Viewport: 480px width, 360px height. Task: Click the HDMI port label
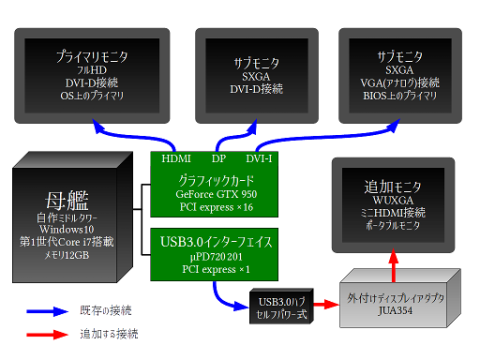pyautogui.click(x=176, y=158)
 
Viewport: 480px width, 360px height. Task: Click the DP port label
pyautogui.click(x=219, y=158)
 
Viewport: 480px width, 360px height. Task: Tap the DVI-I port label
pyautogui.click(x=259, y=158)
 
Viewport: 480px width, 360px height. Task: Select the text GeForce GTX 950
pyautogui.click(x=216, y=194)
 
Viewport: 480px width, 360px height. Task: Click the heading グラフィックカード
pyautogui.click(x=216, y=179)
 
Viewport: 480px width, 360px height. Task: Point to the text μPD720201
pyautogui.click(x=216, y=255)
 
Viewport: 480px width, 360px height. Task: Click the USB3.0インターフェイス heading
pyautogui.click(x=216, y=239)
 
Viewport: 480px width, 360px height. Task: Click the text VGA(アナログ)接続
pyautogui.click(x=399, y=83)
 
